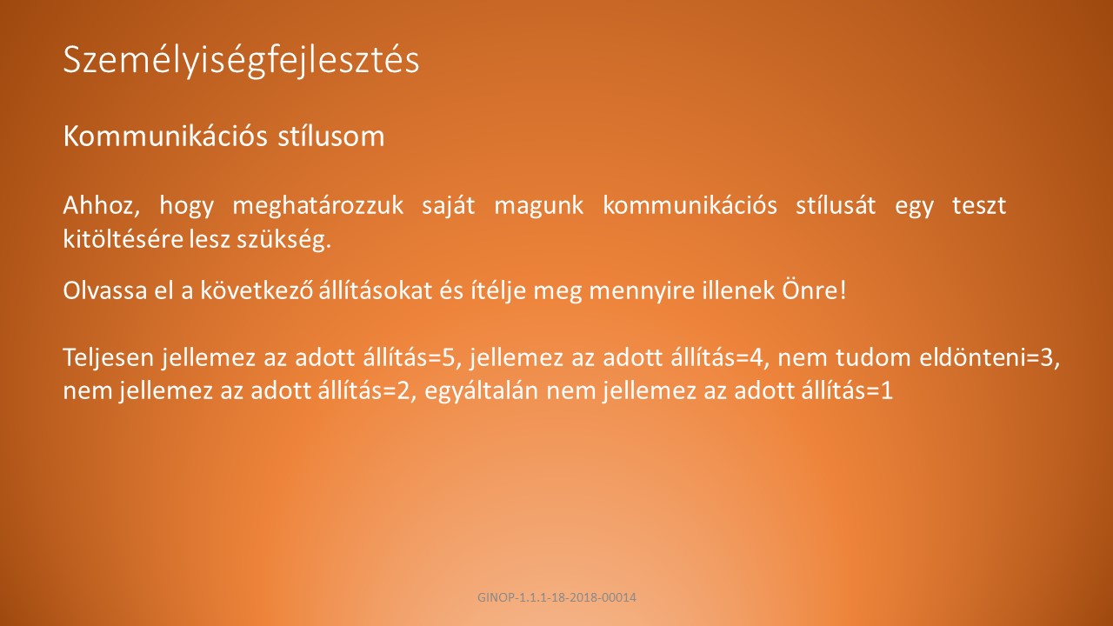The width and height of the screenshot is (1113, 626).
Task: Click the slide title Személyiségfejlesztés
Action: click(241, 62)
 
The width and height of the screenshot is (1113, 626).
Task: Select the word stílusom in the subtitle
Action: click(331, 137)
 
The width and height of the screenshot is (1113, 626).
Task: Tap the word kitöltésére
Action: click(123, 239)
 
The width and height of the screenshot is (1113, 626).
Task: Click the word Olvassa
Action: click(105, 290)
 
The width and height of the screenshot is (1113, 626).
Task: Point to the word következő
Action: click(257, 290)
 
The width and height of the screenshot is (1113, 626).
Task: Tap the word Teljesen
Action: click(109, 357)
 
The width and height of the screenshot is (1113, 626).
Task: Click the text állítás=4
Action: click(719, 356)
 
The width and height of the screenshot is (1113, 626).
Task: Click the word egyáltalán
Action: click(482, 391)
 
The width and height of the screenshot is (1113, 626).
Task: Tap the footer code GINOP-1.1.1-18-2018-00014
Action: click(556, 597)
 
